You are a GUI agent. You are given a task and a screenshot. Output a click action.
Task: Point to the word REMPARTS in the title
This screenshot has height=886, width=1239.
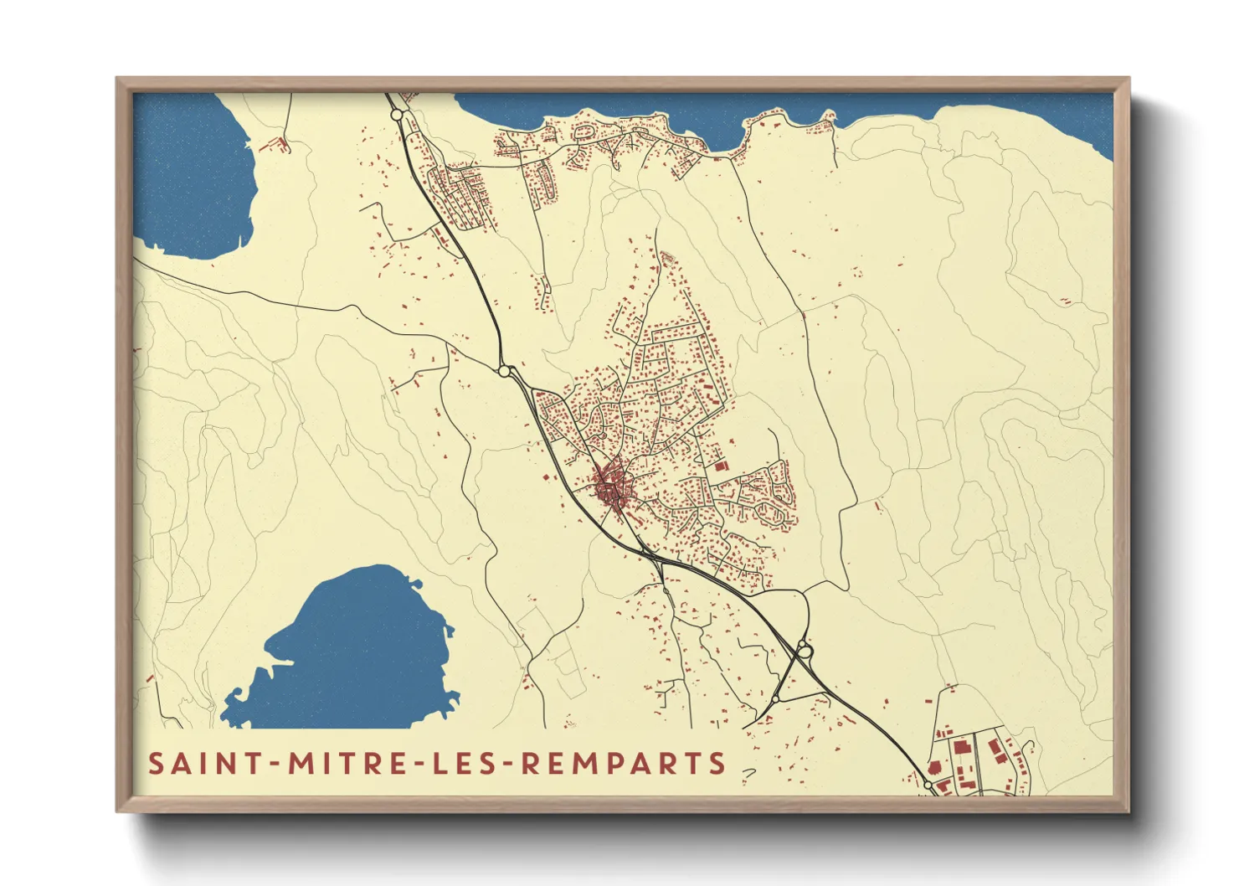[x=624, y=764]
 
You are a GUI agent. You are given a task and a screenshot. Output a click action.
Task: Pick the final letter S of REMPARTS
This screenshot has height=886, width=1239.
[x=717, y=764]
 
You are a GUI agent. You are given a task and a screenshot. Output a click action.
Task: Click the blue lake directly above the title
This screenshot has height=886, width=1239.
[x=352, y=653]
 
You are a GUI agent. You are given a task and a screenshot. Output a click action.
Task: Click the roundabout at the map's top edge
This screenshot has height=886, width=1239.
[x=397, y=114]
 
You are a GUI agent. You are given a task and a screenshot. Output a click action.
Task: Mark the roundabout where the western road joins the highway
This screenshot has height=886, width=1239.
[x=504, y=370]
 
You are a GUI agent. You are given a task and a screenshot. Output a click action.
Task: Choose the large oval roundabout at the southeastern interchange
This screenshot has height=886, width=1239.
[x=804, y=649]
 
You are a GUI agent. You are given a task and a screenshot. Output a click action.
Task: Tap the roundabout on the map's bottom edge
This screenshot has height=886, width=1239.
[x=928, y=785]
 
